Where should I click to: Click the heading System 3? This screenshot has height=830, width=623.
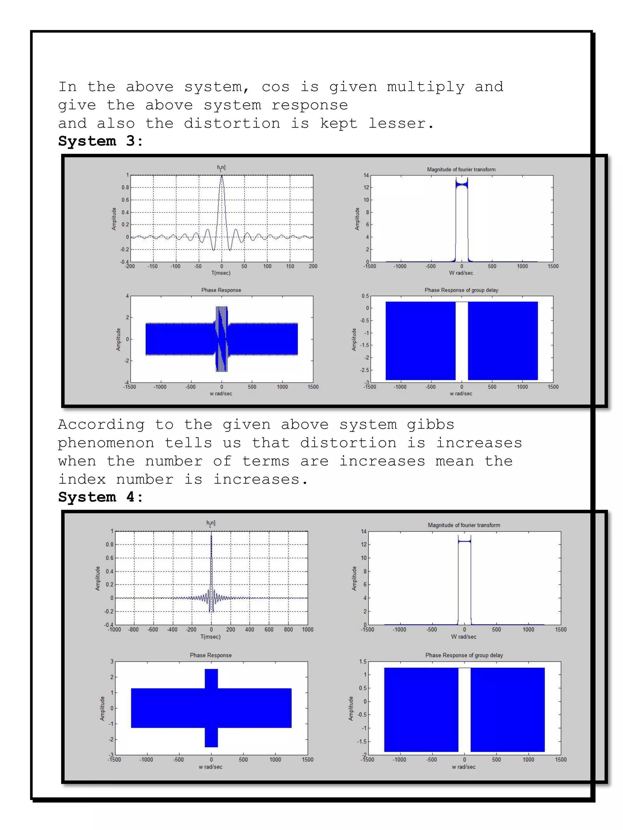click(x=101, y=141)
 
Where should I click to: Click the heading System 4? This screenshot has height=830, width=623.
click(x=101, y=497)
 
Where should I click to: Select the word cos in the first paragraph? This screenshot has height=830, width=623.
click(x=275, y=87)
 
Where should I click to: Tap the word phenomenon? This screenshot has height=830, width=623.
click(x=106, y=443)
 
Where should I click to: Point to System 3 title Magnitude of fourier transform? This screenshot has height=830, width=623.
click(x=461, y=170)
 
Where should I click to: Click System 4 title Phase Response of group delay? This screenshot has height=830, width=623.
click(x=464, y=655)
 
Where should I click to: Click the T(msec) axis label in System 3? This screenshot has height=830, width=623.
click(x=221, y=273)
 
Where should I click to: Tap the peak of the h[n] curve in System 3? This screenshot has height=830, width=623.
click(x=221, y=176)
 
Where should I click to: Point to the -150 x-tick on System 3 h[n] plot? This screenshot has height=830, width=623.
click(x=152, y=267)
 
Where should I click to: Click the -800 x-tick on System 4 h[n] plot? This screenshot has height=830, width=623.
click(x=134, y=630)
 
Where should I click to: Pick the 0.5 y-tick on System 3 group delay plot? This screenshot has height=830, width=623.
click(x=365, y=296)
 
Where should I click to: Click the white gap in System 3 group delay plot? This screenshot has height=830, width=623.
click(x=461, y=341)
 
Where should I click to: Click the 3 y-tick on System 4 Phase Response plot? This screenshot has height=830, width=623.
click(x=112, y=662)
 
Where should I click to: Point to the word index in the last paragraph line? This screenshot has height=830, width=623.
click(x=82, y=480)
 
